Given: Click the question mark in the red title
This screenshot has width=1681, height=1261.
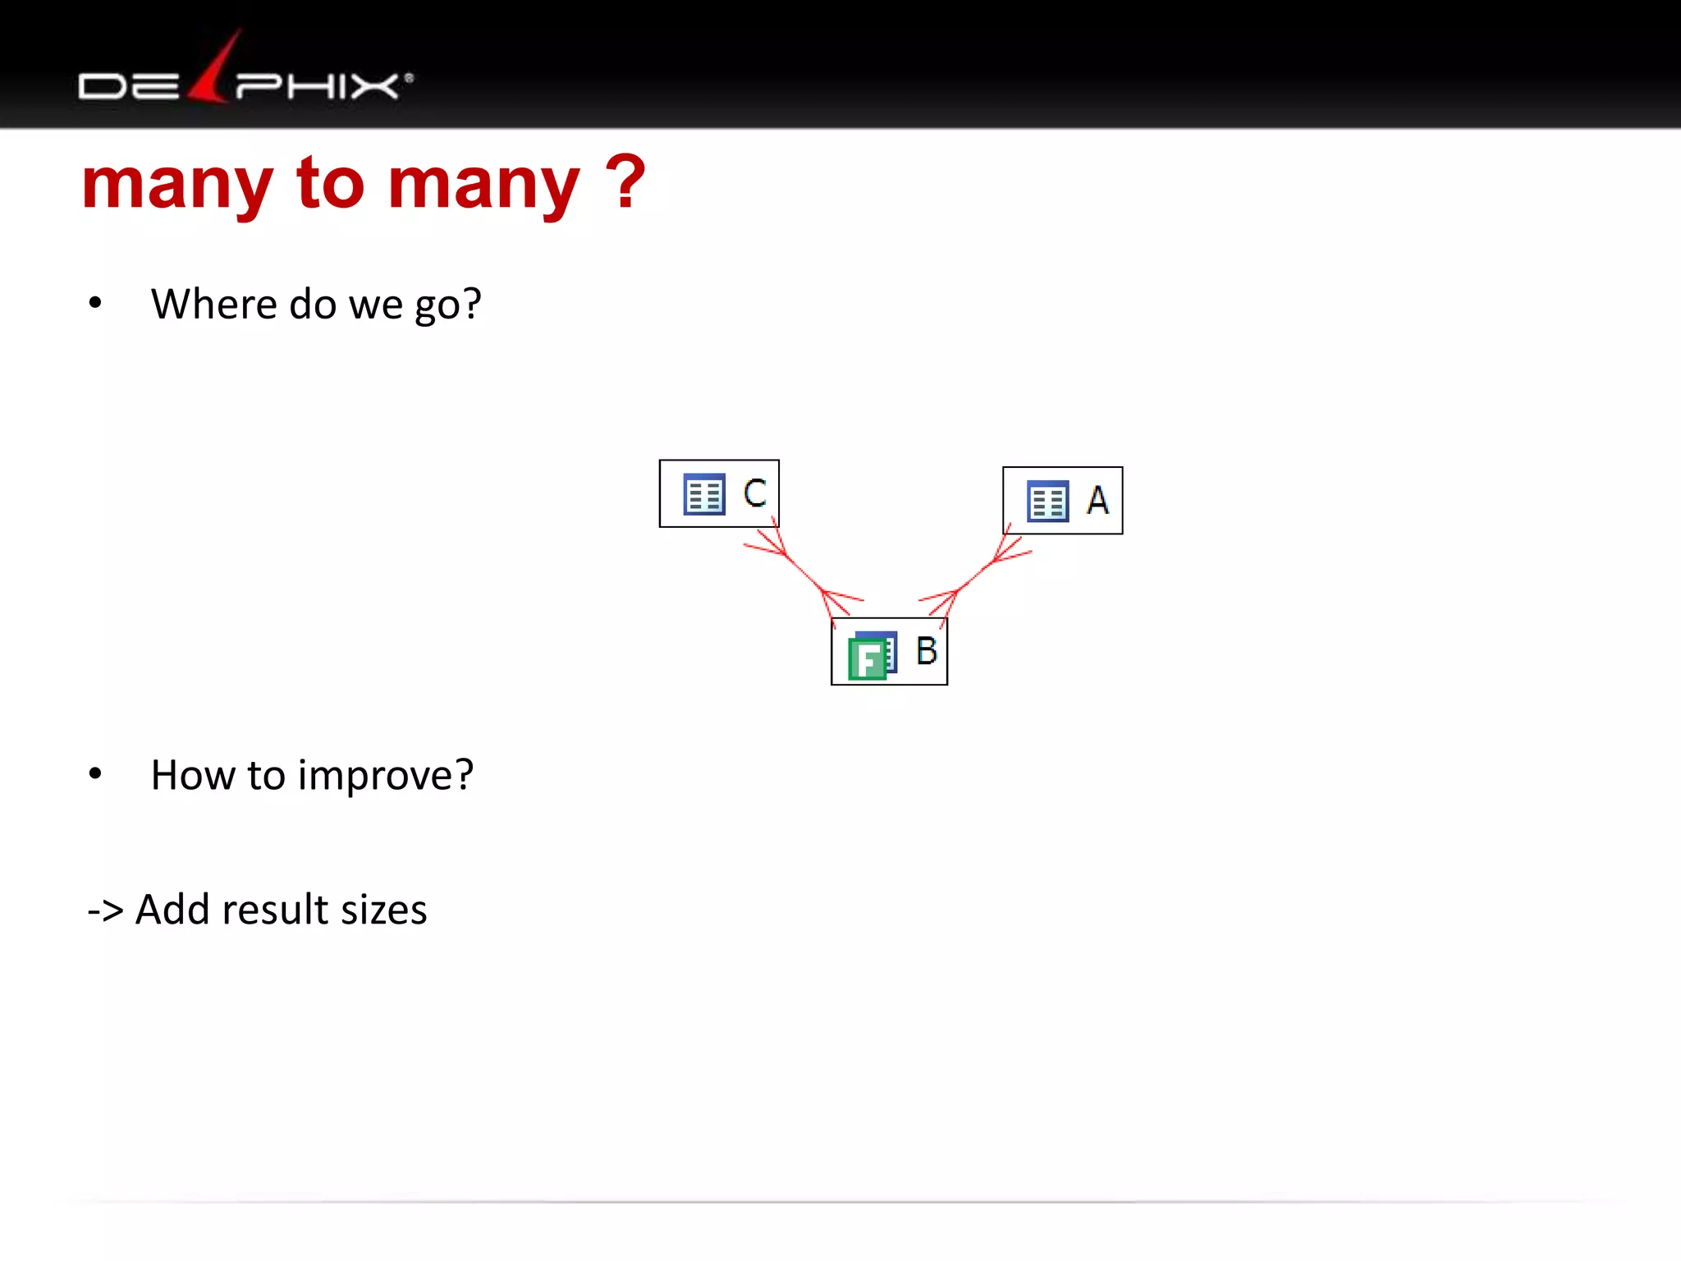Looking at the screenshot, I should click(x=627, y=182).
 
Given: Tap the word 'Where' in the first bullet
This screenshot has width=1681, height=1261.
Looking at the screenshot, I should click(x=213, y=304).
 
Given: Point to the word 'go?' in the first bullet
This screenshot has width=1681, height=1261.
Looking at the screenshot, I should click(x=447, y=305).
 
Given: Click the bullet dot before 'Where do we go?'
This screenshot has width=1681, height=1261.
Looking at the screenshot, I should click(x=95, y=303).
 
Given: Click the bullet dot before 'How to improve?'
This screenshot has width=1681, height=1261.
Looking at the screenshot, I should click(x=95, y=773).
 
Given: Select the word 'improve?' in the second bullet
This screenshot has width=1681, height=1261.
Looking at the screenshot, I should click(x=386, y=776).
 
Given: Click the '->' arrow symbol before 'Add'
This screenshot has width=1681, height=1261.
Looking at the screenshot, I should click(x=106, y=910).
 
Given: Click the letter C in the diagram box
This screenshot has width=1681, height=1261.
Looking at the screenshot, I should click(x=754, y=493).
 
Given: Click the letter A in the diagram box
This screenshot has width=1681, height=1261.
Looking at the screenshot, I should click(x=1097, y=500).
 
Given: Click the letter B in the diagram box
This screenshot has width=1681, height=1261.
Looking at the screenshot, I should click(x=927, y=651).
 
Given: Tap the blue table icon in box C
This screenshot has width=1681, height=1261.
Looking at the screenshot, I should click(x=704, y=494).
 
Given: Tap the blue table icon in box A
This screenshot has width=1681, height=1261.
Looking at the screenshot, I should click(x=1047, y=501).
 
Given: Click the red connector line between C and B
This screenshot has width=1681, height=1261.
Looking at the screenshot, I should click(x=804, y=573).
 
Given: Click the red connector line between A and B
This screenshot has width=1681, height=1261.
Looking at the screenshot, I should click(x=975, y=575).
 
